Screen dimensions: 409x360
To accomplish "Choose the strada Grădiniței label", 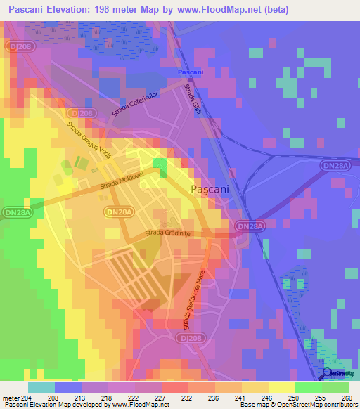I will [169, 233].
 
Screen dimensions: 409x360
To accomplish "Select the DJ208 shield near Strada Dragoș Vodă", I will [82, 112].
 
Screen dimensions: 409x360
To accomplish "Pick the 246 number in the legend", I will [266, 397].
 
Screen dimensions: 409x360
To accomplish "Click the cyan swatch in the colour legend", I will [41, 387].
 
